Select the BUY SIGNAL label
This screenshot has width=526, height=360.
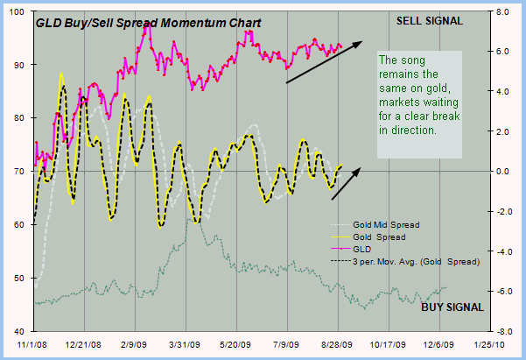coord(452,307)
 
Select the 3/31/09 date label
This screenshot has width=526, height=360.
coord(187,347)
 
